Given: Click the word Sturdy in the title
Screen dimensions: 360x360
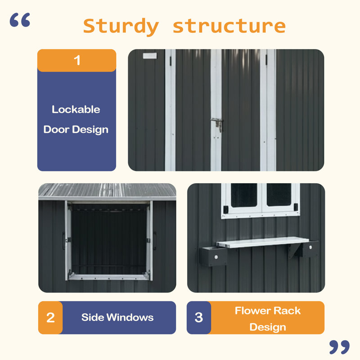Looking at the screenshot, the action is coord(121,27).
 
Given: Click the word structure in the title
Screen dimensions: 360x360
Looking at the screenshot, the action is coord(229,26).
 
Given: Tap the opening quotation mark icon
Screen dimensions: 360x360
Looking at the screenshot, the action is coord(20,20).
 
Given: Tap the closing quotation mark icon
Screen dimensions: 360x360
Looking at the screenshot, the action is coord(339,347).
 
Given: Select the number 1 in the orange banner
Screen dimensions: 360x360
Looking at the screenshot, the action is coord(77,60).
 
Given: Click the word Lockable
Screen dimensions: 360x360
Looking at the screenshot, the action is coord(76,109).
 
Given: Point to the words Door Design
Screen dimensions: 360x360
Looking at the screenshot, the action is coord(76,130).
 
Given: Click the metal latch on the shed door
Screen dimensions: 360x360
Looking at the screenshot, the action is coord(217,124).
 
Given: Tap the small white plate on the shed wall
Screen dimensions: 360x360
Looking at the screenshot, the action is coord(150,55).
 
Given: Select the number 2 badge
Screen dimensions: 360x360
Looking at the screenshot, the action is coord(50,318).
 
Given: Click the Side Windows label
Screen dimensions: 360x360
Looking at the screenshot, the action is coord(117,317).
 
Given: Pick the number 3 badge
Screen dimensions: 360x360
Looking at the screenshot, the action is coord(199,318).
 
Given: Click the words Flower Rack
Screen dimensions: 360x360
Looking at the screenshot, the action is coord(267,310).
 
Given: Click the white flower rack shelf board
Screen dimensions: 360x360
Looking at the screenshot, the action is coord(263,242).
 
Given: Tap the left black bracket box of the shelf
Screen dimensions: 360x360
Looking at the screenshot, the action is coord(213,256).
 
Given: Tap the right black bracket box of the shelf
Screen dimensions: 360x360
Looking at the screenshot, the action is coord(310,249).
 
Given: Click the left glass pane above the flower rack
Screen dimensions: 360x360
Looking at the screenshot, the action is coord(244,195).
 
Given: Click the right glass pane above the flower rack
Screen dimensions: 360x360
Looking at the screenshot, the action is coord(279,194).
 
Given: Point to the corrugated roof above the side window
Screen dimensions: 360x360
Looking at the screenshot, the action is coord(107,190).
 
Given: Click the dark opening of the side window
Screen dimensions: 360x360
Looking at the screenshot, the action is coord(109,239).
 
